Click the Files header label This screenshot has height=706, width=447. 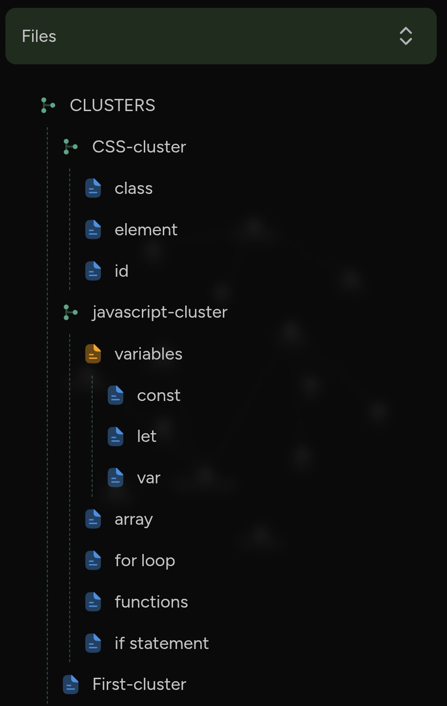click(39, 36)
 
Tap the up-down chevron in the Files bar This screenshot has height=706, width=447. click(406, 36)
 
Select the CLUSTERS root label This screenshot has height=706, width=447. click(113, 105)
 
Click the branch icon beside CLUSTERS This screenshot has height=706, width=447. click(48, 105)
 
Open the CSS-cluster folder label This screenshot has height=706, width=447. click(139, 147)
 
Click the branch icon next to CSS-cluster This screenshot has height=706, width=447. click(70, 147)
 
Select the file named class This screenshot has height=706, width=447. click(134, 188)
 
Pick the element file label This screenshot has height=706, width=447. click(146, 229)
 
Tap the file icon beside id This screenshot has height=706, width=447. click(93, 271)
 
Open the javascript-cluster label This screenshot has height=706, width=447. click(159, 312)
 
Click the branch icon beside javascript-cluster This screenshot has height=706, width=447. click(70, 312)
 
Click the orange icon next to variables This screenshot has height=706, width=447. click(93, 354)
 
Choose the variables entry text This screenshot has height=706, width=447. click(148, 354)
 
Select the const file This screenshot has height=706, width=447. click(158, 395)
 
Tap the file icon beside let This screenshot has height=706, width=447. click(116, 437)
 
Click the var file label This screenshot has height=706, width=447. click(149, 478)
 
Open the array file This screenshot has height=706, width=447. click(134, 519)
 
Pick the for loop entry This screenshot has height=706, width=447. click(145, 560)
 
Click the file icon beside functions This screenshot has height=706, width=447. click(93, 602)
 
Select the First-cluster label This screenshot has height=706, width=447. click(139, 684)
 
